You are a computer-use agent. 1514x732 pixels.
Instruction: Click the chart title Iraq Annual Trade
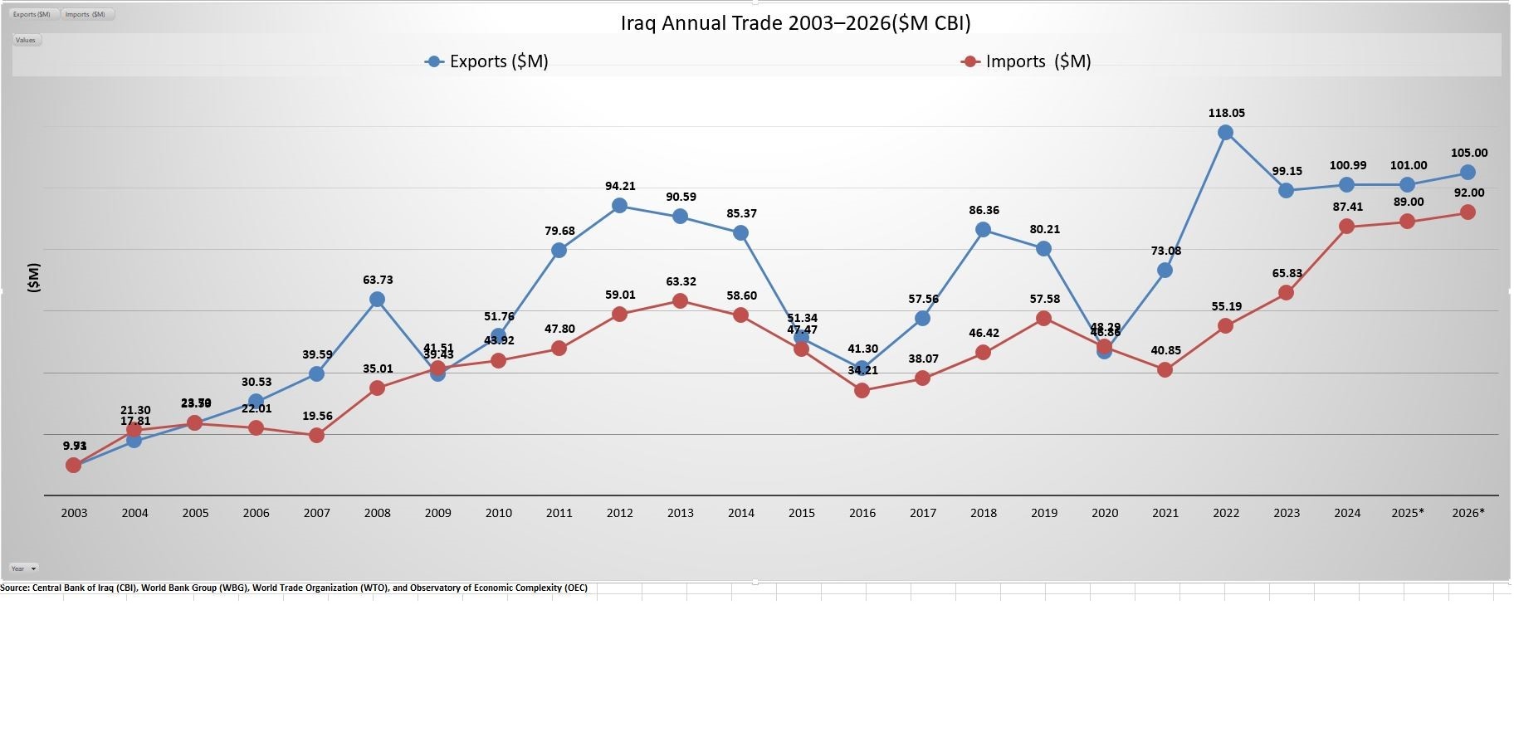pyautogui.click(x=795, y=23)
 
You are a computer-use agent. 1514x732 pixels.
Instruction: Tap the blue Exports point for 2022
pyautogui.click(x=1225, y=133)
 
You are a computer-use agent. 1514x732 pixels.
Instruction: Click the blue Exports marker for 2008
pyautogui.click(x=377, y=300)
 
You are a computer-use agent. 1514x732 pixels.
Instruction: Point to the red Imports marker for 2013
pyautogui.click(x=680, y=301)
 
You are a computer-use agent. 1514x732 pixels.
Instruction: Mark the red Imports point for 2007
pyautogui.click(x=316, y=435)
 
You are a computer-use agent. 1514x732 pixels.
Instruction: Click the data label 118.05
pyautogui.click(x=1226, y=113)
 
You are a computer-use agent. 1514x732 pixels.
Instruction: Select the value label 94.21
pyautogui.click(x=620, y=186)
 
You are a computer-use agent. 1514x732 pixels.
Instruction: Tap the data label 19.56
pyautogui.click(x=317, y=416)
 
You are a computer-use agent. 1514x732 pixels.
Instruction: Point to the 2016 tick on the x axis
pyautogui.click(x=862, y=513)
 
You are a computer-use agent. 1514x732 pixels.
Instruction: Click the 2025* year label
pyautogui.click(x=1407, y=513)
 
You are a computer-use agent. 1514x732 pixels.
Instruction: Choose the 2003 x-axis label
pyautogui.click(x=74, y=513)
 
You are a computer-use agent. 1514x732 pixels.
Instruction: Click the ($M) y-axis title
pyautogui.click(x=33, y=277)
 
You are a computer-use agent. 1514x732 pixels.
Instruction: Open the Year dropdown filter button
pyautogui.click(x=23, y=569)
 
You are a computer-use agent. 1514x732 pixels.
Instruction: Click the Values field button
pyautogui.click(x=26, y=40)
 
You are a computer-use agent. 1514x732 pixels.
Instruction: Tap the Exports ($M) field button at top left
pyautogui.click(x=32, y=14)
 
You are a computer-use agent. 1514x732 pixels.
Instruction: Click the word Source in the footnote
pyautogui.click(x=14, y=588)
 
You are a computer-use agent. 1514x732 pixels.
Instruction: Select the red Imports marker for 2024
pyautogui.click(x=1346, y=227)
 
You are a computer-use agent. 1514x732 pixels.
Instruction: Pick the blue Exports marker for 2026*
pyautogui.click(x=1468, y=173)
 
